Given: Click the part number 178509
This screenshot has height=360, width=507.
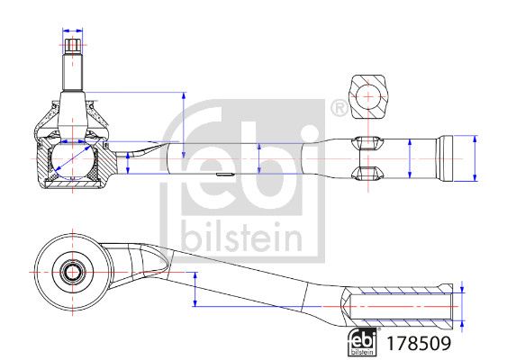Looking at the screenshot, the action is (419, 343).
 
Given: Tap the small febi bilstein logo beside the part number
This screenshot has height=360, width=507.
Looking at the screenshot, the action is (363, 342).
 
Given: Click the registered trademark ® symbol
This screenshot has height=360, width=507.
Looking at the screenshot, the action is (339, 109).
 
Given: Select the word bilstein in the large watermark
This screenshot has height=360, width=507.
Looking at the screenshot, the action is (242, 237).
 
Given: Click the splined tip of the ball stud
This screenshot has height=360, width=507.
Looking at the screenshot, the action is (72, 46).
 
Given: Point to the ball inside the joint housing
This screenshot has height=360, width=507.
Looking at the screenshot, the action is (73, 159).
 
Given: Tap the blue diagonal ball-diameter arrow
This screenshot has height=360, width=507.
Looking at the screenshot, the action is (73, 158).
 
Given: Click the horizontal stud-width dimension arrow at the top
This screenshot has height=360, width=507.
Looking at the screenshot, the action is (72, 31).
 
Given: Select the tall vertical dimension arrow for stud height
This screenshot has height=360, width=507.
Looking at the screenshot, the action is (184, 125).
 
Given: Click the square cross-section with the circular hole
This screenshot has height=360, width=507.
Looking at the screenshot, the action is (368, 96).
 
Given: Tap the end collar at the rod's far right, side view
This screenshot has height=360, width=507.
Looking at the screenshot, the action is (444, 158).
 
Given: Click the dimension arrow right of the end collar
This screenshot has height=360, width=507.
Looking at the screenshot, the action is (475, 158).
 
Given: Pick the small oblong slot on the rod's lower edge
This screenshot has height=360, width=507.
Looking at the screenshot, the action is (225, 175).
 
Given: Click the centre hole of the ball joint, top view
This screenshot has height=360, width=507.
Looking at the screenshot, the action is (72, 272).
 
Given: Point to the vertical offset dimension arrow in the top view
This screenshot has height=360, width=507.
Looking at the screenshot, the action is (195, 289).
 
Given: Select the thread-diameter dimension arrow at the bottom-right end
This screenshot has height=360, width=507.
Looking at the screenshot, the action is (462, 306).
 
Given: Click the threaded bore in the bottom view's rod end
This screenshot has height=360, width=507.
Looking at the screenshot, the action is (401, 306).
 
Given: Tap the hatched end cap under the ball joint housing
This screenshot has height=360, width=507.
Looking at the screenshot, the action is (72, 184).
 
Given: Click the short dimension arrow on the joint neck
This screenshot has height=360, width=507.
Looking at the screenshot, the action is (128, 163).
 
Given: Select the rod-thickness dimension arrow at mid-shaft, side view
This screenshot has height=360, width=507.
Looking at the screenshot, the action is (259, 158).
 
